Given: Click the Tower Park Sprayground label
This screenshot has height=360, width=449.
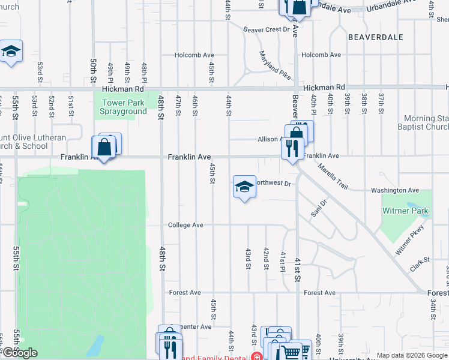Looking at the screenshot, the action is [x=123, y=107].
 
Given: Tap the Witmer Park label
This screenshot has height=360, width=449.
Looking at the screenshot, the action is [x=408, y=211].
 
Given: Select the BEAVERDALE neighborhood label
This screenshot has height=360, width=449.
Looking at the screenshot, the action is [x=376, y=37].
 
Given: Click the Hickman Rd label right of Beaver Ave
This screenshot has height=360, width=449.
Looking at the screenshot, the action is [x=324, y=88].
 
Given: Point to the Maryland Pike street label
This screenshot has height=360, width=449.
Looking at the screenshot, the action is [x=275, y=65].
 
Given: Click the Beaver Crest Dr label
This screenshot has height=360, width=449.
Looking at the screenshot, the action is [x=266, y=29].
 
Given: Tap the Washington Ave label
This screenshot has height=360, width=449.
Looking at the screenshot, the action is [x=394, y=190].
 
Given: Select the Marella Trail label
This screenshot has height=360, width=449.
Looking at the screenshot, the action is [x=333, y=176].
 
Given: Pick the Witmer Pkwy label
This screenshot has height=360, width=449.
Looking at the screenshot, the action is [x=410, y=239].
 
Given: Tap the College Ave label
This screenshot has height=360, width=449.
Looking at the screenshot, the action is [x=185, y=225].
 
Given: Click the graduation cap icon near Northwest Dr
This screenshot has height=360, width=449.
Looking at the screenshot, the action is [x=244, y=187].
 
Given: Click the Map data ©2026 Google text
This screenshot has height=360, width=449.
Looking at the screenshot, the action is [x=411, y=355].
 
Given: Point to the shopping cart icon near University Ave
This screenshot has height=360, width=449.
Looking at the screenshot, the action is [x=291, y=353].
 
